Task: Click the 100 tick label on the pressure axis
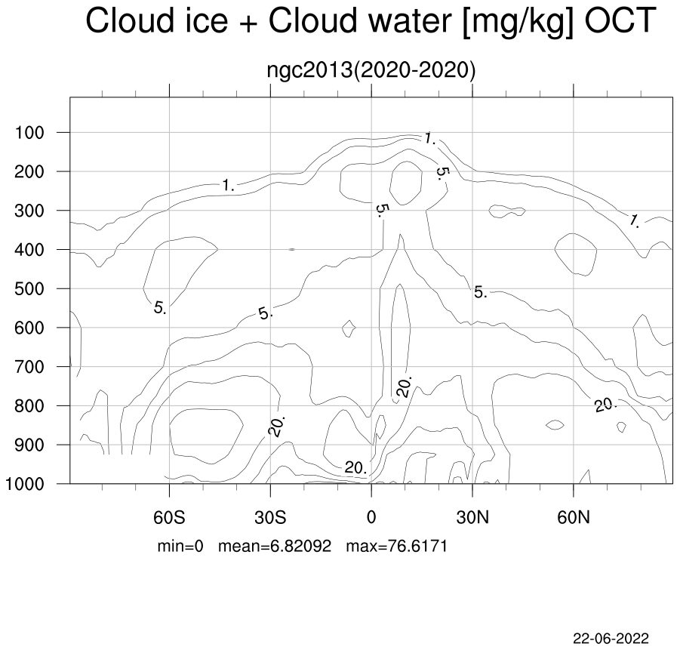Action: (x=29, y=133)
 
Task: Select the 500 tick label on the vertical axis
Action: (x=29, y=289)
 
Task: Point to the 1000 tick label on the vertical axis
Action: (x=25, y=484)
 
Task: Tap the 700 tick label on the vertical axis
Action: (x=29, y=367)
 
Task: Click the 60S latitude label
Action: (x=169, y=517)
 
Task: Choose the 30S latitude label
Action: (x=270, y=517)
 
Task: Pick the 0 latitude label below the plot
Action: (x=371, y=517)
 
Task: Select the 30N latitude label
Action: (x=472, y=517)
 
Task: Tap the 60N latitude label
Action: (x=574, y=517)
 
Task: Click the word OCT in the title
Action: (x=620, y=20)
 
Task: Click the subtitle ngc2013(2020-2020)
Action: (x=371, y=70)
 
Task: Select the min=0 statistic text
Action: (x=180, y=546)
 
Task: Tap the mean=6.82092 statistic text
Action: (x=275, y=546)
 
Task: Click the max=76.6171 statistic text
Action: (x=396, y=546)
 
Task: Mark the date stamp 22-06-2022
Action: (x=611, y=638)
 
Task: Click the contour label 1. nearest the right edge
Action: (x=635, y=221)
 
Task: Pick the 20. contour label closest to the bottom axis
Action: (x=355, y=467)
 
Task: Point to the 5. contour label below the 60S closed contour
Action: (x=160, y=308)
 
